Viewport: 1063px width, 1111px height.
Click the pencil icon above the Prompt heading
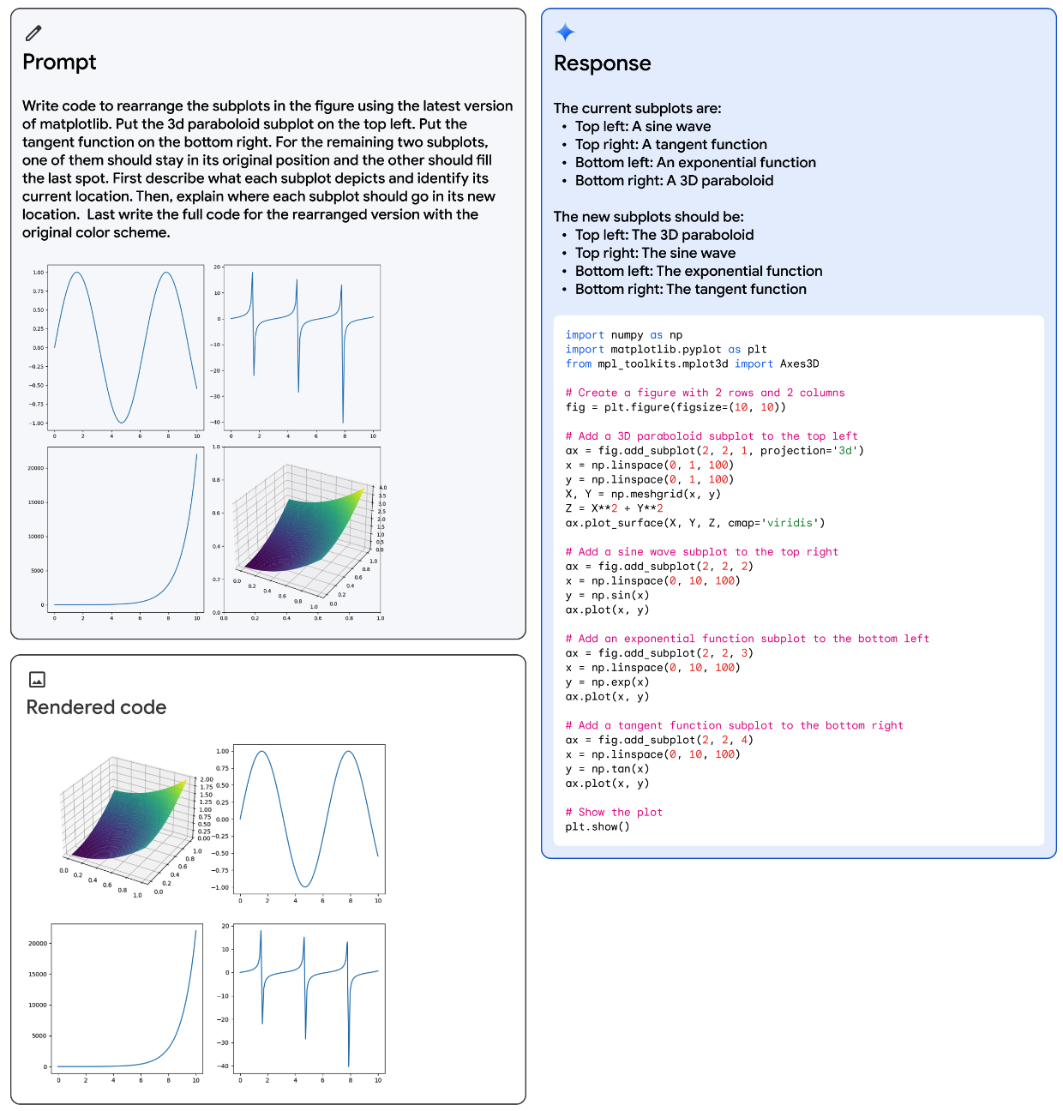tap(33, 33)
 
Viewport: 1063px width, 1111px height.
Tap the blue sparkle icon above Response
tap(565, 33)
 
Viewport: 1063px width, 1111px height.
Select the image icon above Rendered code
tap(37, 679)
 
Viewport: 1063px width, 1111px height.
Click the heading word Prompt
tap(59, 62)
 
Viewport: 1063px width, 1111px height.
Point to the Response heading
tap(602, 63)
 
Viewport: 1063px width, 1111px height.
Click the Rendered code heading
tap(96, 707)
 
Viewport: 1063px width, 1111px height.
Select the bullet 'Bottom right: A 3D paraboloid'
tap(674, 181)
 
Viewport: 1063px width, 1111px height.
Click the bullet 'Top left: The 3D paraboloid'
tap(664, 235)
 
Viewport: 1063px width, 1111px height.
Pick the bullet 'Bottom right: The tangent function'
tap(690, 289)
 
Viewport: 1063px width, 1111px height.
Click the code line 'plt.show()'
tap(598, 826)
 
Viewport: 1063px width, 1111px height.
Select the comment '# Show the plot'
tap(614, 812)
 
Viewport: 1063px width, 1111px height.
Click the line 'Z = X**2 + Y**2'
tap(614, 508)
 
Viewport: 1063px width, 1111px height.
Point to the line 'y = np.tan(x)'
tap(607, 769)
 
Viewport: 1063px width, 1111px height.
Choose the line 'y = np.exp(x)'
tap(607, 682)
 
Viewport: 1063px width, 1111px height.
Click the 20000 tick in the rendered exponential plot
tap(38, 943)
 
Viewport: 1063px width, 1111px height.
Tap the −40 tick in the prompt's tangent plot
tap(216, 422)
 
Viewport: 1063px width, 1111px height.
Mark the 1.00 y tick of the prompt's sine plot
tap(39, 273)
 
